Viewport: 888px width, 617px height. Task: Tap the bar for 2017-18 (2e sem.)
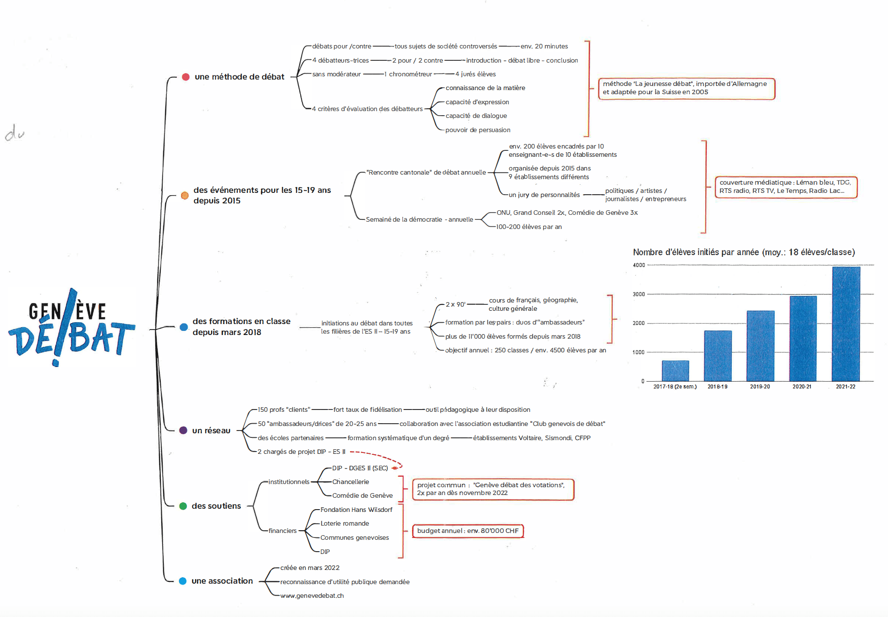click(675, 371)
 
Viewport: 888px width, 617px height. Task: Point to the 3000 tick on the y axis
click(639, 294)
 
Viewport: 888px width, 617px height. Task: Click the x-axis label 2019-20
click(760, 387)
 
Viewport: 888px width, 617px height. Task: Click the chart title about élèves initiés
click(744, 252)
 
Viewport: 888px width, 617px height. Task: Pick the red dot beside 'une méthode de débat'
click(185, 77)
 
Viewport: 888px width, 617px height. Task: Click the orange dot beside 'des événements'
click(185, 196)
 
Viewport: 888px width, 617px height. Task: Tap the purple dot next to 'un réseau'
click(183, 431)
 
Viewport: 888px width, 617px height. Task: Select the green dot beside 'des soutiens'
click(183, 506)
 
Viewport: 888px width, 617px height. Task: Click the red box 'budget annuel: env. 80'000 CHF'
click(468, 531)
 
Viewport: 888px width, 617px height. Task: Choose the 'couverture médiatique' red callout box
click(786, 187)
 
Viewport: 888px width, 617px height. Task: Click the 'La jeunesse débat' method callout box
click(686, 88)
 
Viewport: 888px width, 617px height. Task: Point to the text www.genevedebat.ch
click(312, 596)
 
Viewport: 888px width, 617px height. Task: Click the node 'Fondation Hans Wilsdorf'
click(356, 510)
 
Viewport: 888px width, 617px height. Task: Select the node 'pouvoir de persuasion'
click(478, 130)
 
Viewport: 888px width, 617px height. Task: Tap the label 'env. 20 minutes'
click(544, 47)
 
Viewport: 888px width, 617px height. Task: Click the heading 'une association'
click(222, 581)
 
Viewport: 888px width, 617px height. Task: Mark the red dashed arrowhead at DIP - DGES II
click(393, 468)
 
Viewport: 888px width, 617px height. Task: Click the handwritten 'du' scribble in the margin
click(15, 133)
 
